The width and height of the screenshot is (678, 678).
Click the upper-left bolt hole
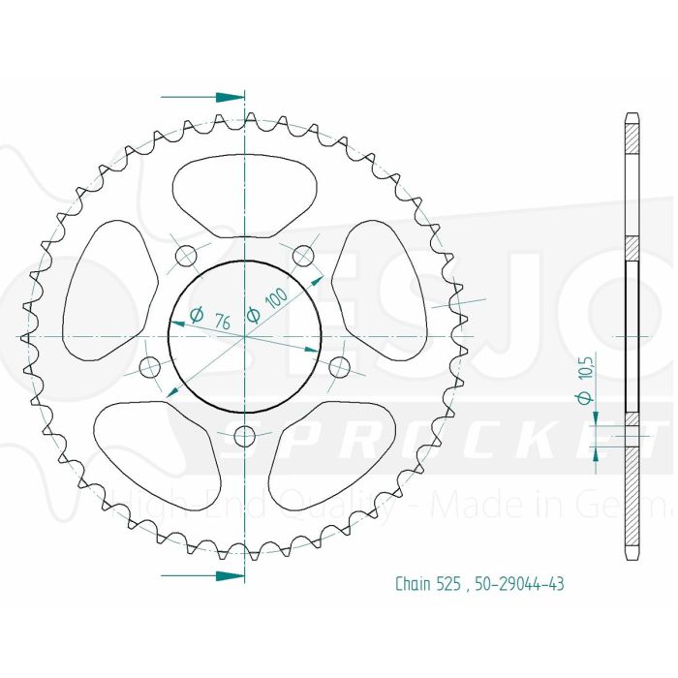click(x=186, y=256)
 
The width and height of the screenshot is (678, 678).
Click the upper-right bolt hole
click(x=304, y=256)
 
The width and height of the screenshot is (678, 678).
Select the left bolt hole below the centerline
click(x=150, y=367)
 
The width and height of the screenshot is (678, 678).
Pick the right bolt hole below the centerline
click(x=340, y=367)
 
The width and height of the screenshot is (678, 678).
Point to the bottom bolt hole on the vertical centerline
click(x=245, y=433)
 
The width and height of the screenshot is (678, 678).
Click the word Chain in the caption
click(x=414, y=584)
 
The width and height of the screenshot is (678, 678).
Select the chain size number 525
click(x=453, y=584)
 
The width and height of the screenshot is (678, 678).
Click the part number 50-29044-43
click(x=520, y=584)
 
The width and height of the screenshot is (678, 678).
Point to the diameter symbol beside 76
click(x=196, y=314)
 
